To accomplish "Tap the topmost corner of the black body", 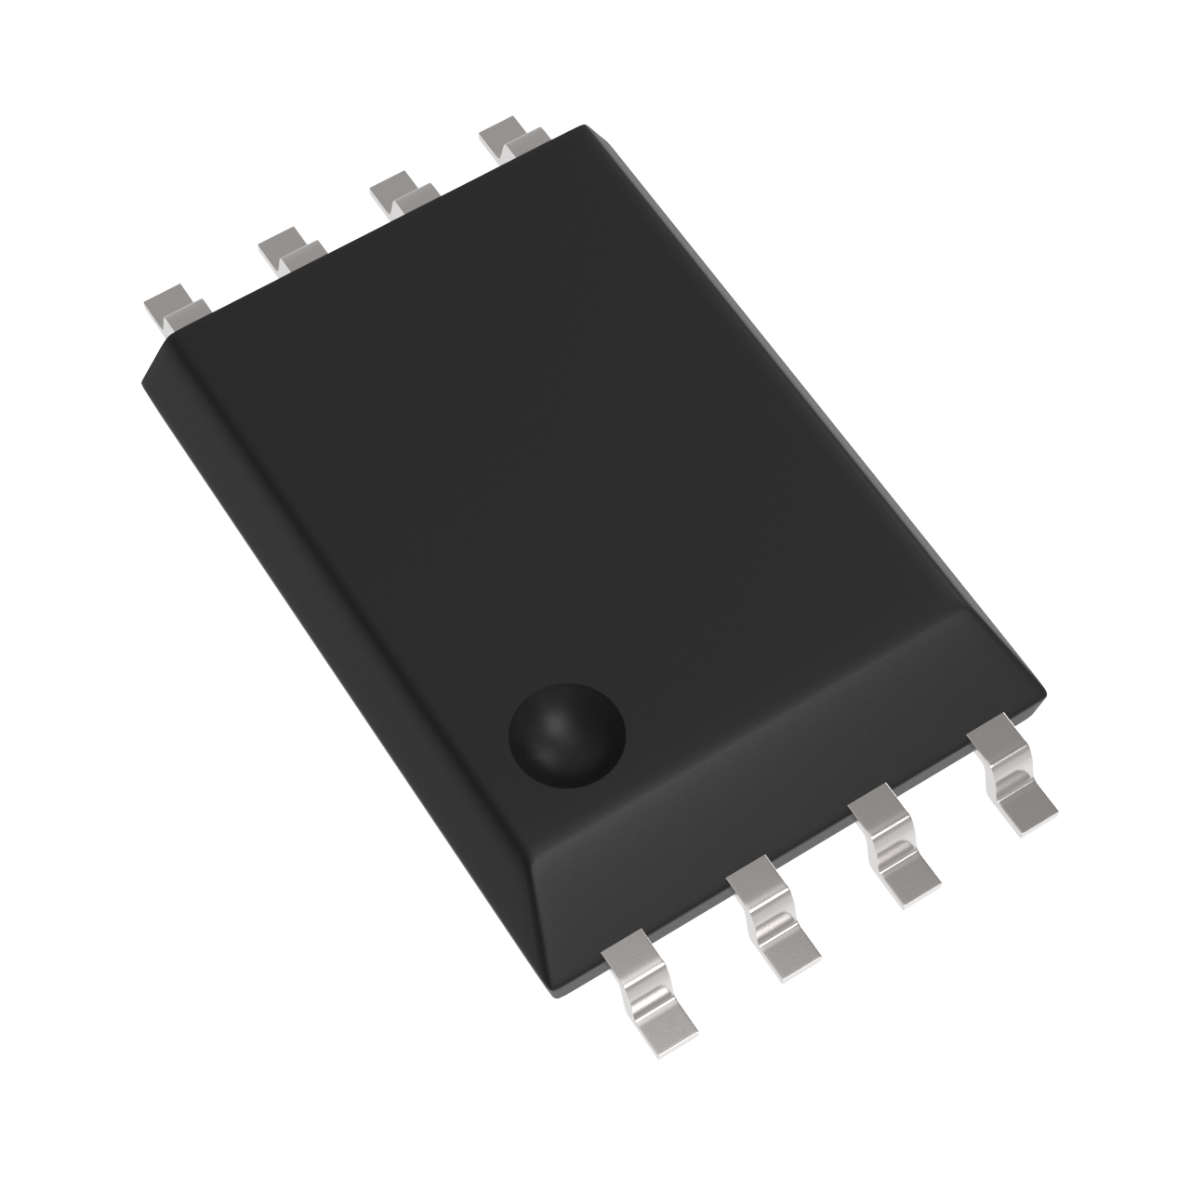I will pyautogui.click(x=584, y=126).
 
